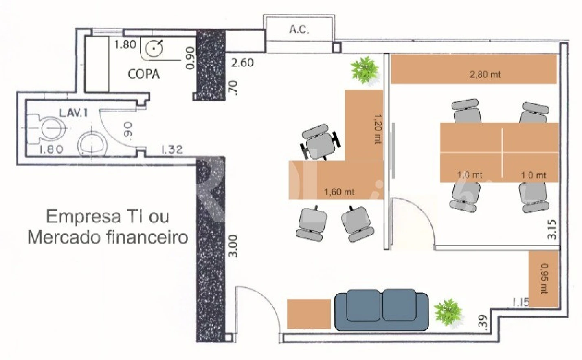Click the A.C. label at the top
[x=299, y=30]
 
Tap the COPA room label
[x=144, y=74]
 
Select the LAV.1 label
[x=74, y=113]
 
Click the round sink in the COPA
[x=154, y=48]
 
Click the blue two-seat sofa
[x=382, y=310]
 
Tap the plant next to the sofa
[x=448, y=312]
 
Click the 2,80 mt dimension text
[x=485, y=75]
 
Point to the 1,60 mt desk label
[x=339, y=192]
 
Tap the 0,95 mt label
[x=544, y=279]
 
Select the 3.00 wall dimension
[x=233, y=246]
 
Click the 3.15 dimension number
[x=551, y=229]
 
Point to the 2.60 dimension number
[x=242, y=63]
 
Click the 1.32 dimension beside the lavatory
[x=172, y=149]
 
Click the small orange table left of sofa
[x=309, y=314]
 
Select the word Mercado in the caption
[x=68, y=237]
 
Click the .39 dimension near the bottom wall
[x=482, y=323]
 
